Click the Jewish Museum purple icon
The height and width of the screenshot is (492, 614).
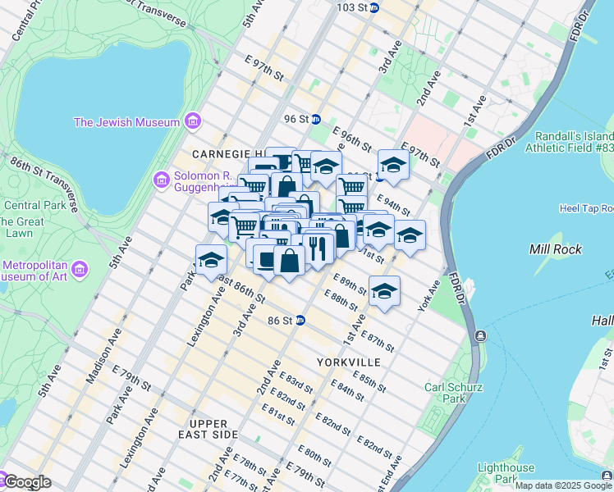click(x=193, y=122)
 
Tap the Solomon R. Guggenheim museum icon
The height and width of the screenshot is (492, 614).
click(x=161, y=178)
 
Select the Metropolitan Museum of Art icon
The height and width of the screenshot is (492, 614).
click(x=80, y=269)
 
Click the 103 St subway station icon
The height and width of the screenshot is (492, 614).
click(x=374, y=7)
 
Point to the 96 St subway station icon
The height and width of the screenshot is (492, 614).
click(x=315, y=119)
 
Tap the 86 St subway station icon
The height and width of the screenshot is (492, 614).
click(x=300, y=320)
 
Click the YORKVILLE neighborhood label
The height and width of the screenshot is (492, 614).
click(x=348, y=362)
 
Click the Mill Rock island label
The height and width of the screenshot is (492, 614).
click(x=556, y=249)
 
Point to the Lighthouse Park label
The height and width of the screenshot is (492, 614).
click(x=506, y=471)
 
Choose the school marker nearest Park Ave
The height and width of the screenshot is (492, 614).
click(x=211, y=260)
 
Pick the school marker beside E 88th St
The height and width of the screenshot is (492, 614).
click(x=384, y=291)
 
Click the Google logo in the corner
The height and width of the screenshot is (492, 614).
click(x=27, y=482)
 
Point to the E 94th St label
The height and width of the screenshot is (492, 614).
click(x=392, y=202)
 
